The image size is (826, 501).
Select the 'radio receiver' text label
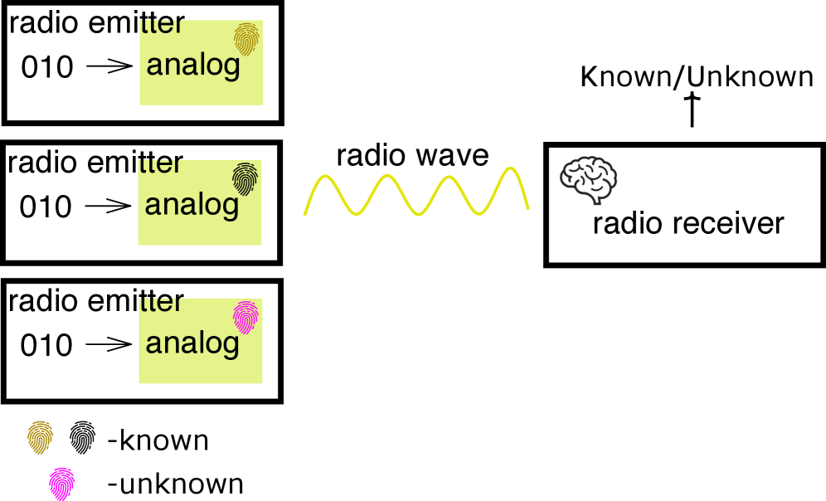(688, 223)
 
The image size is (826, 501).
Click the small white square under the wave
(317, 246)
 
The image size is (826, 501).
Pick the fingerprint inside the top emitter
(247, 39)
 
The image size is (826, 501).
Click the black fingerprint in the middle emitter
(245, 178)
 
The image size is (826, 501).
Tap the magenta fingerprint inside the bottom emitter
(246, 318)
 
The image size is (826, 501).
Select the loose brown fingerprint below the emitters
(41, 437)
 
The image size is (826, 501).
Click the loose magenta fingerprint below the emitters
(62, 484)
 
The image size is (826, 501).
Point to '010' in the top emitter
(47, 67)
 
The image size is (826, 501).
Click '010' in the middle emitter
(46, 207)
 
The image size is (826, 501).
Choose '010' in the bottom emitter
(47, 345)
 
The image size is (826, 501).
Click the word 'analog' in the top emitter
(193, 66)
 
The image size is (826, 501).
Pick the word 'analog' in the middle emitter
(192, 205)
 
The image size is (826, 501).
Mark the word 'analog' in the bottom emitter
(192, 343)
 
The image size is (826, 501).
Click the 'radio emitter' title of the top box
(97, 23)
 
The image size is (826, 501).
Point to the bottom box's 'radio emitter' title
(96, 301)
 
